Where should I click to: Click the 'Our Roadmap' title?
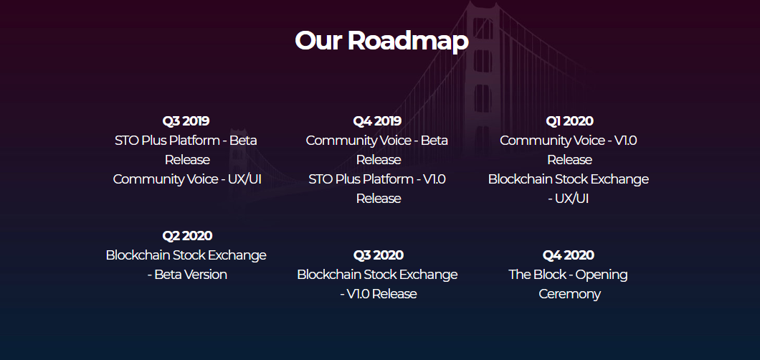pos(381,41)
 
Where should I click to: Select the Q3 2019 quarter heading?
pos(186,121)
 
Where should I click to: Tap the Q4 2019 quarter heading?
pos(377,121)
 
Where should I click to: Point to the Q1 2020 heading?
pos(569,121)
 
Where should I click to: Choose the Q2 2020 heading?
pos(187,236)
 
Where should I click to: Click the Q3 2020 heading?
pos(378,255)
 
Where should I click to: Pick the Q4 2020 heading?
pos(569,255)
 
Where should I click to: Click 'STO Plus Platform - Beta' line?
pos(186,141)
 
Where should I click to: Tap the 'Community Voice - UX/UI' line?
pos(187,179)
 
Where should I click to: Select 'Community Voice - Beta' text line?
pos(377,141)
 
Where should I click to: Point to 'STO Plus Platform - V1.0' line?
pos(377,179)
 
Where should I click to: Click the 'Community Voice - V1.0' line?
pos(569,141)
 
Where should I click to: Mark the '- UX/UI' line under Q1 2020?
pos(569,199)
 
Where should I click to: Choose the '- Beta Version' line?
pos(187,275)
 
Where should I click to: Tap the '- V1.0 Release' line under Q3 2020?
pos(378,294)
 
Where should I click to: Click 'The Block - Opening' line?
pos(568,275)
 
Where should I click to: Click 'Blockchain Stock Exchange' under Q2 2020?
pos(186,255)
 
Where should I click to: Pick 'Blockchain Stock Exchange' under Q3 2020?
pos(377,275)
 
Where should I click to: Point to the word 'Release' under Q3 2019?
pos(187,160)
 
